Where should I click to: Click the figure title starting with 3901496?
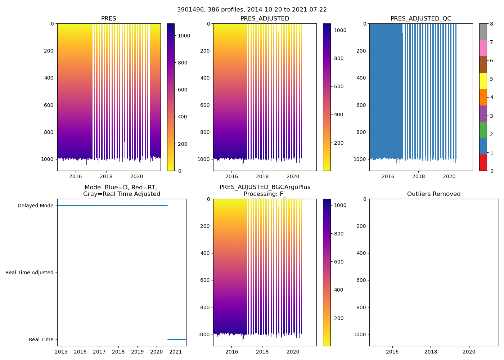tap(252, 10)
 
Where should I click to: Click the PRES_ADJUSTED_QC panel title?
tap(421, 19)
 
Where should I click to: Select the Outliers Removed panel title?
tap(434, 194)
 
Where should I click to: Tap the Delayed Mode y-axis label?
tap(35, 206)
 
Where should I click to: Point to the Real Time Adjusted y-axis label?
tap(29, 273)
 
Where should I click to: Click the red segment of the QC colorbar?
tap(483, 163)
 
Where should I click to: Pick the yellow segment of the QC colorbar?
tap(483, 81)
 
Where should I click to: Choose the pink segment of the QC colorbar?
tap(483, 48)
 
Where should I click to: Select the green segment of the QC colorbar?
tap(483, 130)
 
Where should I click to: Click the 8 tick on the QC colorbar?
tap(491, 24)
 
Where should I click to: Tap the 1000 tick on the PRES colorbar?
tap(184, 36)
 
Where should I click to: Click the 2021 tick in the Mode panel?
tap(175, 352)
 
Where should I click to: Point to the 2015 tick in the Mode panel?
tap(61, 352)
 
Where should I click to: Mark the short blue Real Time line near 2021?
tap(177, 339)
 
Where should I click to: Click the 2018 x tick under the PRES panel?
tap(106, 176)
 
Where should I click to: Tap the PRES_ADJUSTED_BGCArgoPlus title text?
tap(265, 187)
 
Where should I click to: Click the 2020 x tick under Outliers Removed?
tap(469, 352)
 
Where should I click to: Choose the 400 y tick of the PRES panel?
tap(49, 78)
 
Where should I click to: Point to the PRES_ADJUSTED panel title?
tap(265, 19)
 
